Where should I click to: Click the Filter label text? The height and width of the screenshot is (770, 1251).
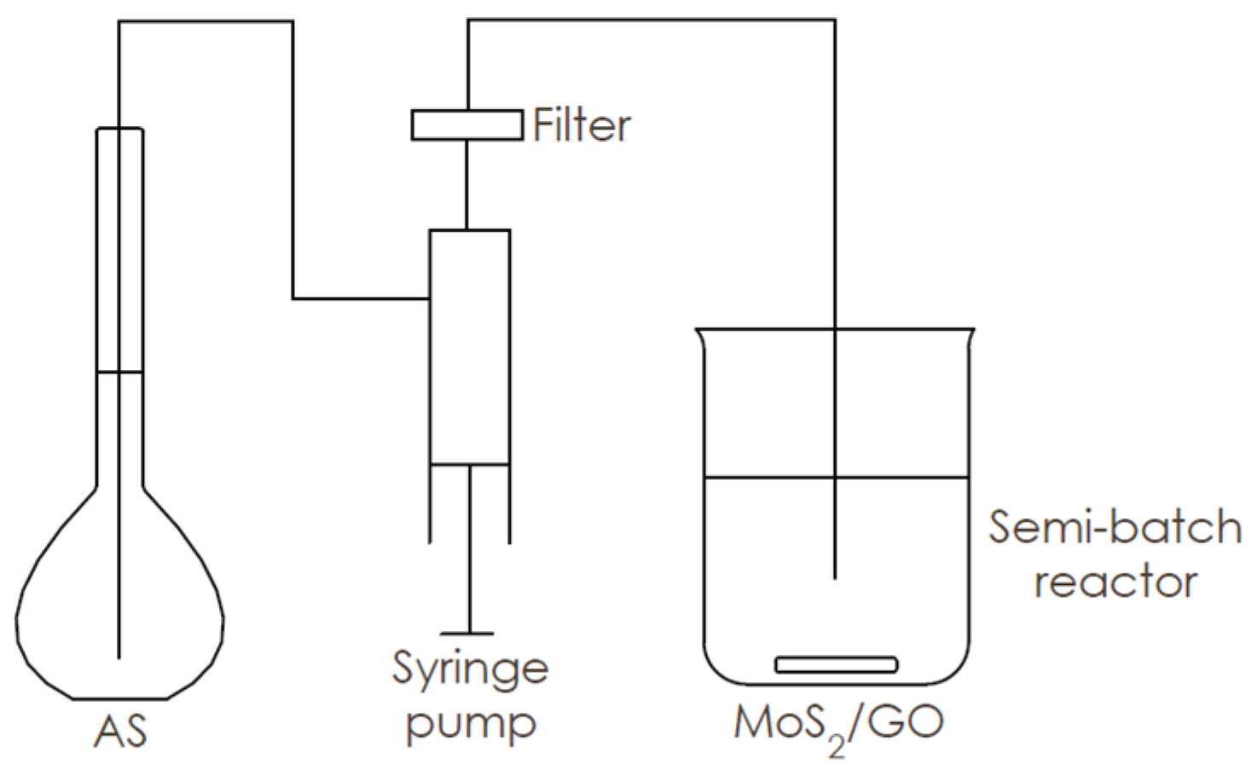(x=582, y=125)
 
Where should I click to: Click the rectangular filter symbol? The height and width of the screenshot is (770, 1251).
(x=466, y=124)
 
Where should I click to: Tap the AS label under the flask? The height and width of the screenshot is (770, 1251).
(x=120, y=731)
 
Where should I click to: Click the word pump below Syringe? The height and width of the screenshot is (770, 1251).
(x=470, y=724)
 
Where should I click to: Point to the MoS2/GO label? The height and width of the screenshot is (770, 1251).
(x=838, y=724)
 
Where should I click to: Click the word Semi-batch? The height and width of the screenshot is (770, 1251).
(x=1114, y=527)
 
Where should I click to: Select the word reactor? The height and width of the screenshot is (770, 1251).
(x=1115, y=582)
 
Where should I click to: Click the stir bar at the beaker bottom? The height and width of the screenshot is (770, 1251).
(x=836, y=664)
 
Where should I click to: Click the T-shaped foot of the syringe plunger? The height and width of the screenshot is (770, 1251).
(x=467, y=634)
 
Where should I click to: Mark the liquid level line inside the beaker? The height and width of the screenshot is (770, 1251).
(x=767, y=478)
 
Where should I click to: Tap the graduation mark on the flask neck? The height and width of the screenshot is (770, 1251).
(x=119, y=373)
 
